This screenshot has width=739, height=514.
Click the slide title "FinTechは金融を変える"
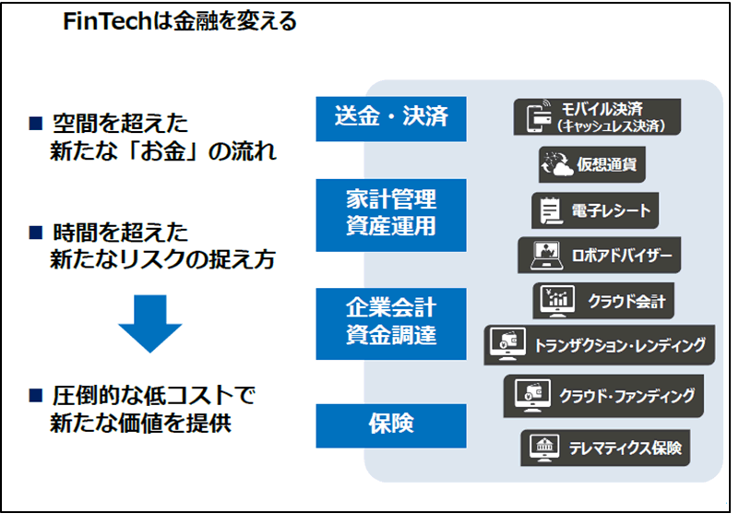(179, 21)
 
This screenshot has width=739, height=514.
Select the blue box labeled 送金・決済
(390, 117)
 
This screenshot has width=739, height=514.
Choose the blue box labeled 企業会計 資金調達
(390, 323)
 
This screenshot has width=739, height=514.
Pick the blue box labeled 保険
(390, 424)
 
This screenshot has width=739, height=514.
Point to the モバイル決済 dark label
(597, 117)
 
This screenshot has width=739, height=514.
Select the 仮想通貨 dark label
(592, 165)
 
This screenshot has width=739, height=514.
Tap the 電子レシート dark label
(598, 211)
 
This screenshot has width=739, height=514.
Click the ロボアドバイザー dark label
(599, 255)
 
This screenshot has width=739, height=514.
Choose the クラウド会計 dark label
(599, 301)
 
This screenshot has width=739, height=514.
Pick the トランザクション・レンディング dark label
(599, 345)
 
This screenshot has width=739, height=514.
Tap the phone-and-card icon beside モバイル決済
(539, 117)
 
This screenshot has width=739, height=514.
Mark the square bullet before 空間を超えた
(36, 122)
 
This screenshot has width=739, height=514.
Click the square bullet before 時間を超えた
(36, 231)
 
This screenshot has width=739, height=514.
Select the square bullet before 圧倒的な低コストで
(36, 396)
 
